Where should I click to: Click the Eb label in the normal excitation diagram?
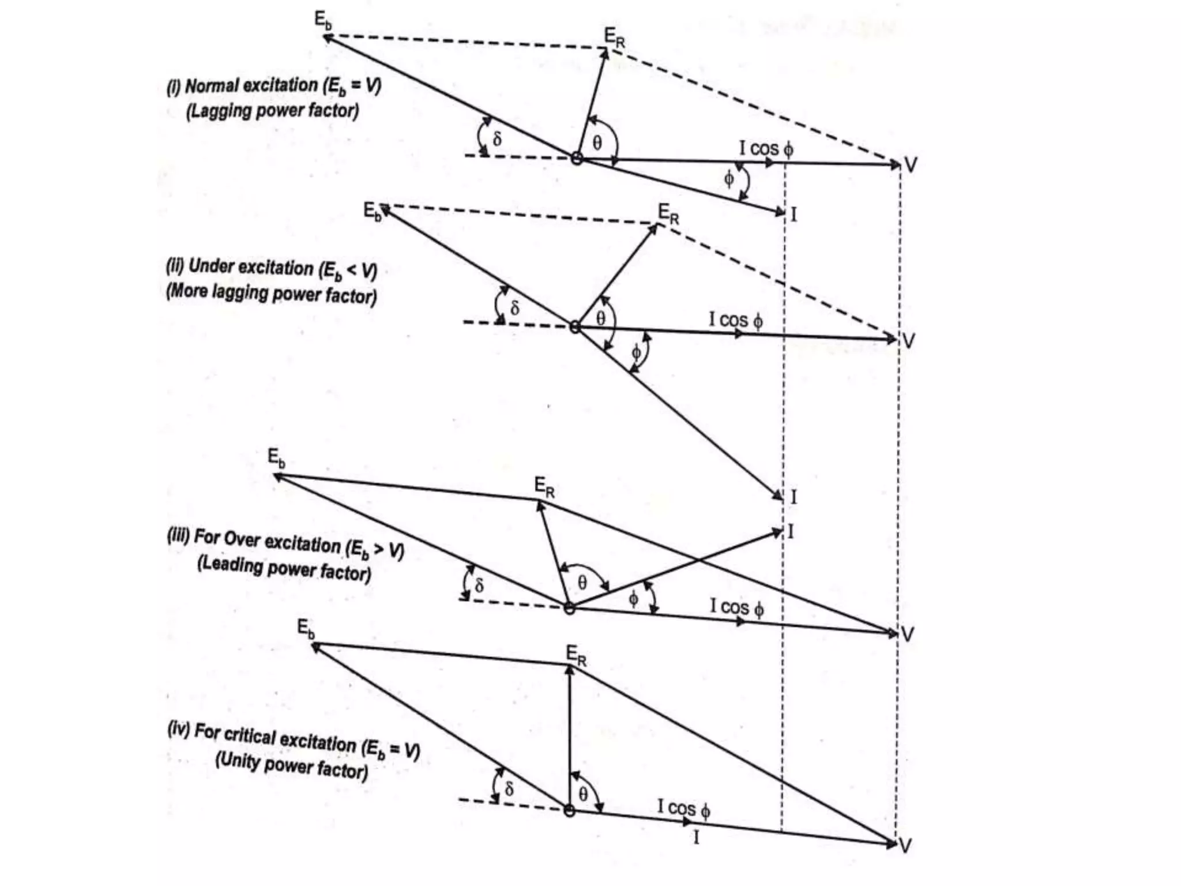[x=323, y=20]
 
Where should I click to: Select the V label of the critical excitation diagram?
[x=905, y=846]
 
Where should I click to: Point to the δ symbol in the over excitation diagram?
[x=479, y=585]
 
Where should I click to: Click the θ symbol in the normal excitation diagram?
[x=597, y=142]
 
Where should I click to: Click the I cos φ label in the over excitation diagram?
[x=737, y=607]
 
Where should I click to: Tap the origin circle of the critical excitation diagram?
[x=569, y=810]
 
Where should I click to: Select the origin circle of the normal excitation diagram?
[x=576, y=158]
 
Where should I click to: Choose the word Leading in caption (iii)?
[x=230, y=564]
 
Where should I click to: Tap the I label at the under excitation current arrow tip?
[x=793, y=497]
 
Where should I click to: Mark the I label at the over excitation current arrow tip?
[x=791, y=531]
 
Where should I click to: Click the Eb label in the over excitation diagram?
[x=276, y=458]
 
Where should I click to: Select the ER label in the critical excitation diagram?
[x=576, y=655]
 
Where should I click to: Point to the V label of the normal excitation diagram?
[x=911, y=166]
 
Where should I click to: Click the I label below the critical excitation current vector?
[x=696, y=837]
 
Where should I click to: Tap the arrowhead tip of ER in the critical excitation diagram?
[x=569, y=667]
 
